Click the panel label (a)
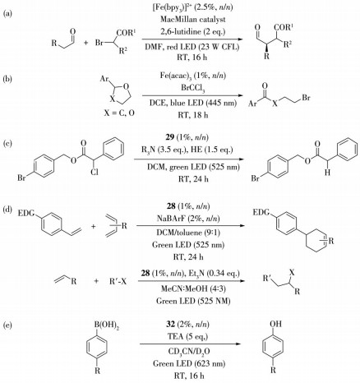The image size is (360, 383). tap(7, 14)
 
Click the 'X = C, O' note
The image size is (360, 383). tap(119, 113)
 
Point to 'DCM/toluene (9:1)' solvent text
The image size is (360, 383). tap(188, 232)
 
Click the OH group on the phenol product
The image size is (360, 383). tap(275, 324)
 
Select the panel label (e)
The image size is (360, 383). tap(7, 325)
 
